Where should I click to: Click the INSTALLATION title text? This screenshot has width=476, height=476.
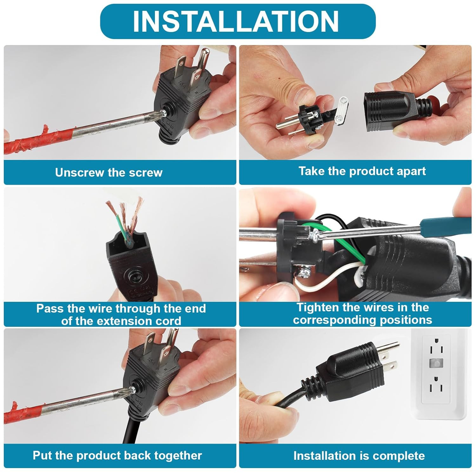click(236, 21)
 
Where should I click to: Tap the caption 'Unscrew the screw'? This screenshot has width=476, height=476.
click(109, 172)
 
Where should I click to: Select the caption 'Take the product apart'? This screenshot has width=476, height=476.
click(362, 171)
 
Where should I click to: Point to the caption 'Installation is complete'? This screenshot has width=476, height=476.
click(359, 455)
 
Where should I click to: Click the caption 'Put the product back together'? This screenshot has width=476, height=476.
click(117, 455)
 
